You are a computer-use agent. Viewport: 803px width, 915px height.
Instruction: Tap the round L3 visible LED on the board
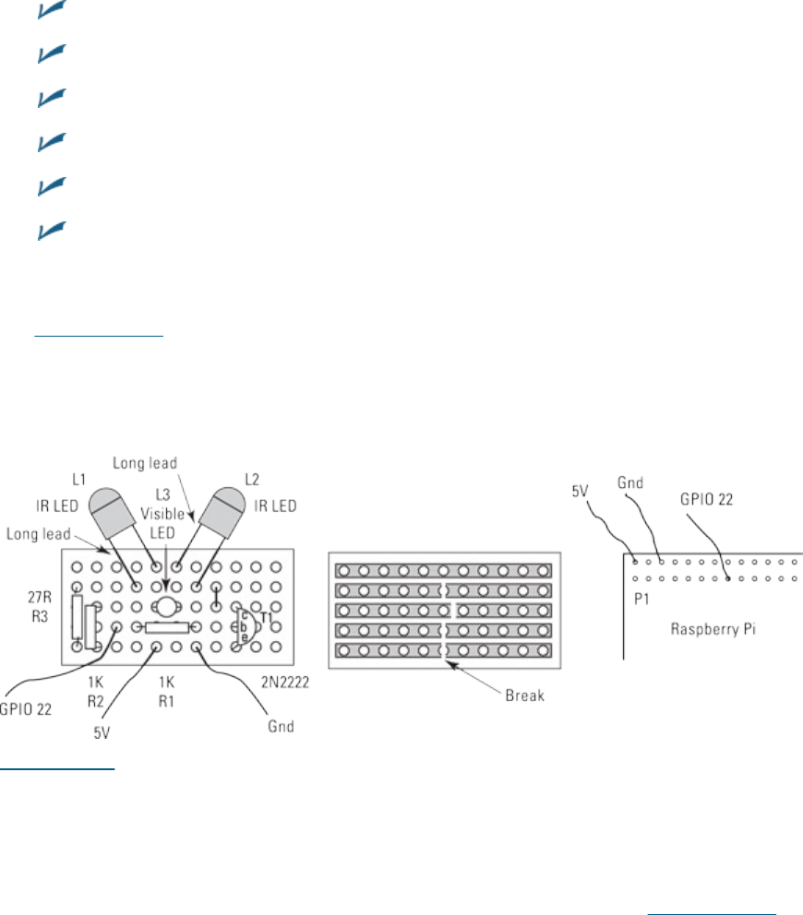click(x=166, y=606)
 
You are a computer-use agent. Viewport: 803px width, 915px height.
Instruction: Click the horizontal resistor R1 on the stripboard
click(x=166, y=626)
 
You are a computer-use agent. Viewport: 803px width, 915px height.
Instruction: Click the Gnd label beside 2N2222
click(x=282, y=726)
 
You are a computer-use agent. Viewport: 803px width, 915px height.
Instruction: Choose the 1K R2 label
click(x=97, y=686)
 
